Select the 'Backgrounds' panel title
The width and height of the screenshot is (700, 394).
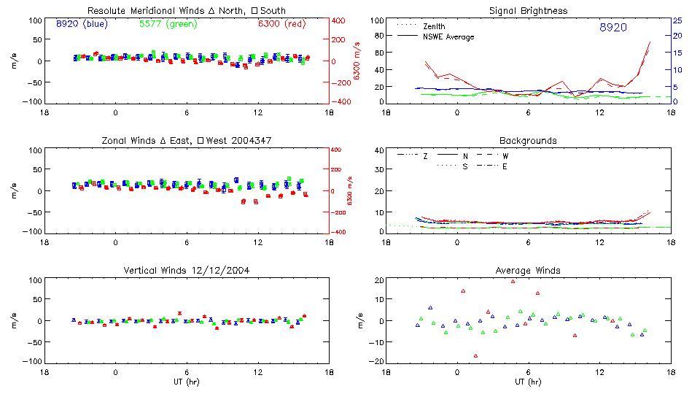[x=529, y=140]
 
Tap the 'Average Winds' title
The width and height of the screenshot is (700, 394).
[x=529, y=271]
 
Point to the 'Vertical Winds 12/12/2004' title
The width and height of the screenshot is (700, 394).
[x=187, y=271]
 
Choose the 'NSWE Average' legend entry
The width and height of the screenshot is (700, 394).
[x=448, y=36]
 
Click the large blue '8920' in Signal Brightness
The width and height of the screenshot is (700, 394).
[x=613, y=28]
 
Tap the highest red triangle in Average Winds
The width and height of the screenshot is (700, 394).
[x=513, y=281]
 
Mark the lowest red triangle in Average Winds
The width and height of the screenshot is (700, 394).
[x=475, y=356]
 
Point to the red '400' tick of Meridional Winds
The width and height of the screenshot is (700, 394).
[x=339, y=20]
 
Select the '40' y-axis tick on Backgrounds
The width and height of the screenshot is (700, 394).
[x=378, y=151]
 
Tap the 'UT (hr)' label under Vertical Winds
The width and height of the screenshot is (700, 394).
[x=187, y=382]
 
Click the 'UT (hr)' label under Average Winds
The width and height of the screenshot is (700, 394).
[x=529, y=382]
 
